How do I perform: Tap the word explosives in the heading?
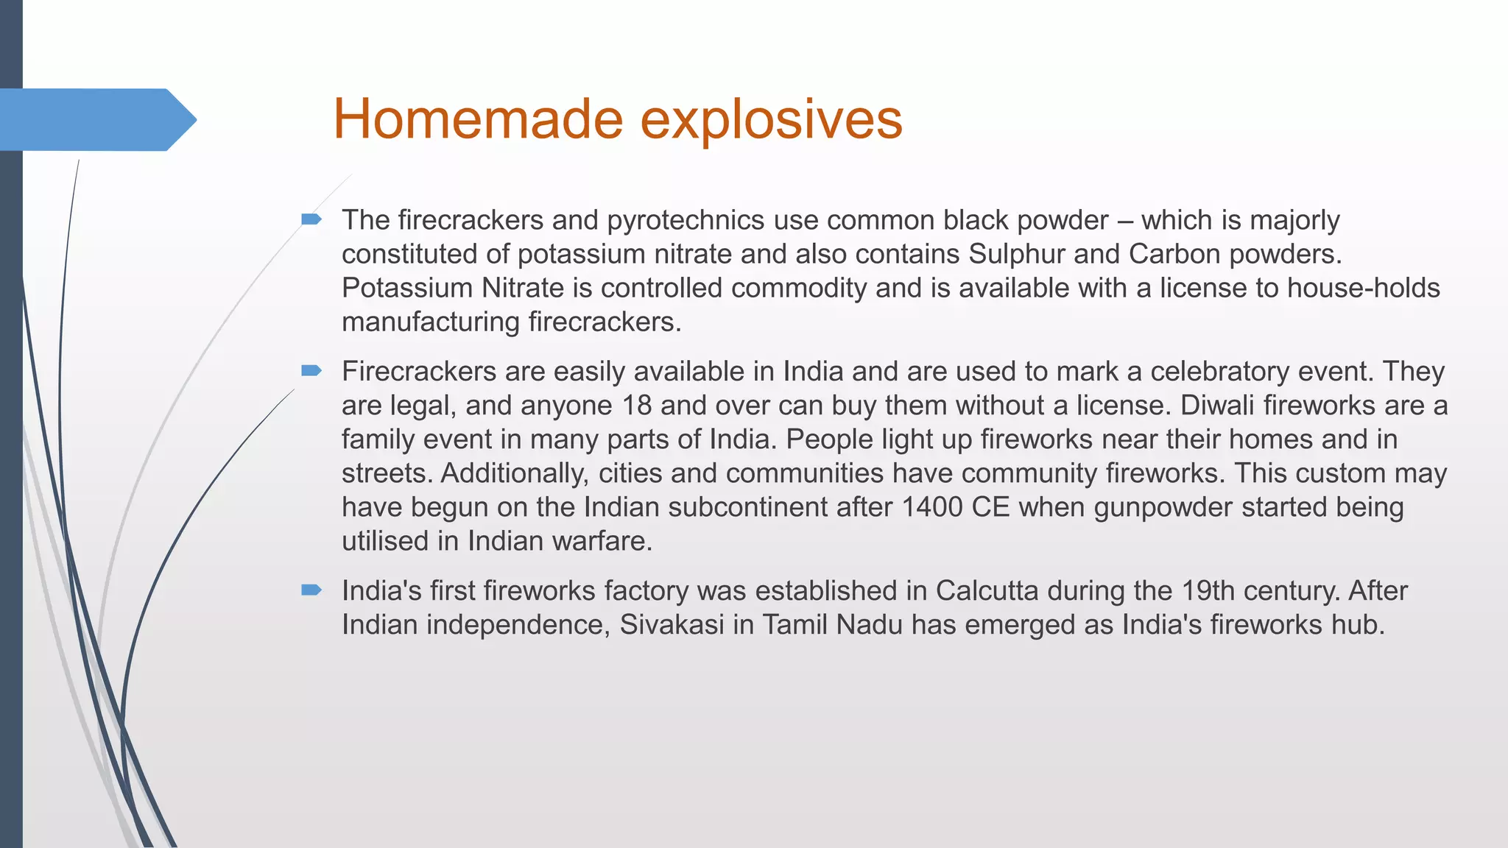click(771, 119)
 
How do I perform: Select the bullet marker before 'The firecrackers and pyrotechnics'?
click(311, 219)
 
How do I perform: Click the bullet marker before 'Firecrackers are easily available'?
click(311, 370)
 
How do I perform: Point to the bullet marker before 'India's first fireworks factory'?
click(311, 590)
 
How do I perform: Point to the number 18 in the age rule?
click(637, 406)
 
